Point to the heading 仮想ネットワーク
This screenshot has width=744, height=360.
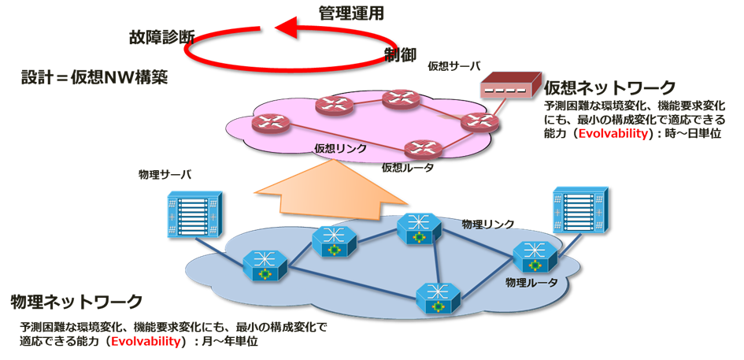point(610,87)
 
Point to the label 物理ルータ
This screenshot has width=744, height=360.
point(531,280)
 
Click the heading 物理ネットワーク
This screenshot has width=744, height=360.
point(76,302)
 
